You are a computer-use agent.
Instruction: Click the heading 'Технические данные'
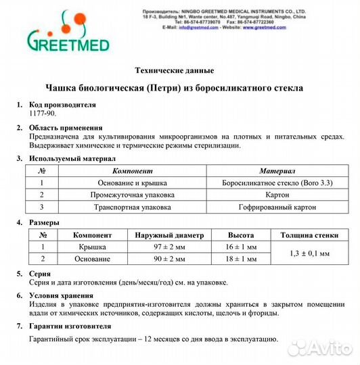(x=175, y=70)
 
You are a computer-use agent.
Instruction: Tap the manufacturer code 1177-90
(x=43, y=115)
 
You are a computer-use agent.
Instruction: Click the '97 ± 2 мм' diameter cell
(x=169, y=247)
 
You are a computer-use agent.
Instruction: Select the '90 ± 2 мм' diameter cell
(x=169, y=258)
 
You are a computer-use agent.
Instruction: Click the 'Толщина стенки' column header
(x=305, y=235)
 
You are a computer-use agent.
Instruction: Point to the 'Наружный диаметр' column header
(x=169, y=235)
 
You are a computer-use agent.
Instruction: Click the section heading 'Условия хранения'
(x=62, y=295)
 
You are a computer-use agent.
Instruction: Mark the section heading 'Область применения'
(x=66, y=127)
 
